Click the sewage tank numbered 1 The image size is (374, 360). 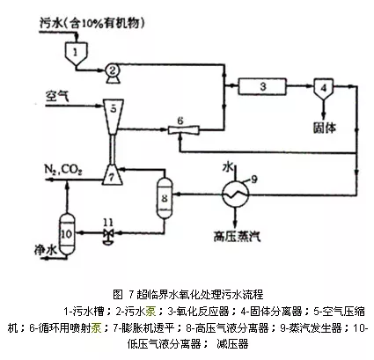pyautogui.click(x=76, y=54)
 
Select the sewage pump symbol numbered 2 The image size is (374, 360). pyautogui.click(x=113, y=71)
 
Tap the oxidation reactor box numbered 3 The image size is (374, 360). pyautogui.click(x=262, y=86)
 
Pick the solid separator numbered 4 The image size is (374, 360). pyautogui.click(x=323, y=88)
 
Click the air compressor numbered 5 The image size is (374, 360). pyautogui.click(x=113, y=117)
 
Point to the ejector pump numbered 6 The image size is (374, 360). pyautogui.click(x=184, y=129)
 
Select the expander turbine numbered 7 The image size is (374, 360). pyautogui.click(x=113, y=175)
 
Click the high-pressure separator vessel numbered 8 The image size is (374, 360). pyautogui.click(x=165, y=198)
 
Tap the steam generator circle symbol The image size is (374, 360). pyautogui.click(x=235, y=194)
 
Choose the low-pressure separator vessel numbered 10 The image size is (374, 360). pyautogui.click(x=67, y=234)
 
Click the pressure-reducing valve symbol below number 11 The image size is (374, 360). pyautogui.click(x=108, y=236)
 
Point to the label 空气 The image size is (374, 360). pyautogui.click(x=57, y=96)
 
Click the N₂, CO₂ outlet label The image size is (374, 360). pyautogui.click(x=63, y=170)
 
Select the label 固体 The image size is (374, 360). pyautogui.click(x=324, y=128)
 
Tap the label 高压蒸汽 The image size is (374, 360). pyautogui.click(x=237, y=235)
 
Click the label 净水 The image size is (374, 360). pyautogui.click(x=45, y=250)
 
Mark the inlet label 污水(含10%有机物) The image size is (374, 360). pyautogui.click(x=92, y=23)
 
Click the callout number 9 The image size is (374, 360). pyautogui.click(x=254, y=179)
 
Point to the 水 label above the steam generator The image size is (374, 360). pyautogui.click(x=228, y=167)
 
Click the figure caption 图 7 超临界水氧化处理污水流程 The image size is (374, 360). pyautogui.click(x=188, y=294)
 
